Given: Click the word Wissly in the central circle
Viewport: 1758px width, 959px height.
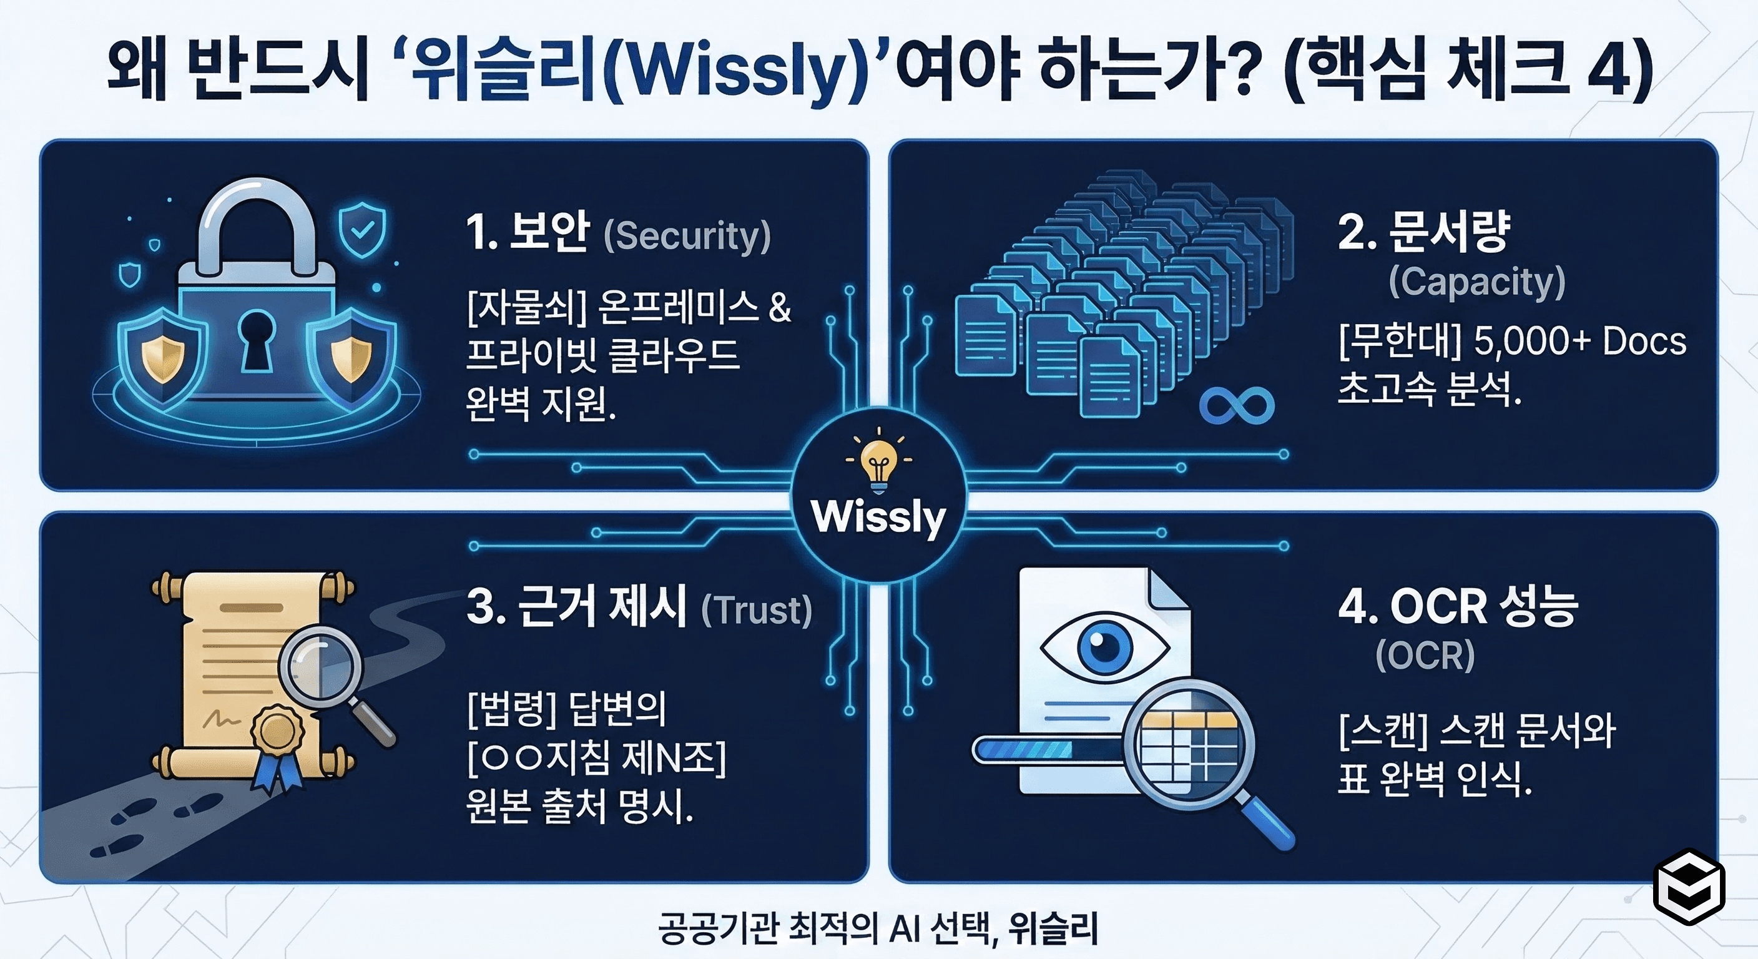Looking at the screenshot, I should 878,517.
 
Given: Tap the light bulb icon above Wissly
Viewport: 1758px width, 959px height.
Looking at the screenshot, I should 878,461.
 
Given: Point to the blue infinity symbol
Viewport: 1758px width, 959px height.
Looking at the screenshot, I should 1237,405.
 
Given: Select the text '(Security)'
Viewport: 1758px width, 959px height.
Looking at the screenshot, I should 687,235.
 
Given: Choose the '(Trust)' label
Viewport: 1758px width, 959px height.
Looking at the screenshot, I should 757,609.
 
